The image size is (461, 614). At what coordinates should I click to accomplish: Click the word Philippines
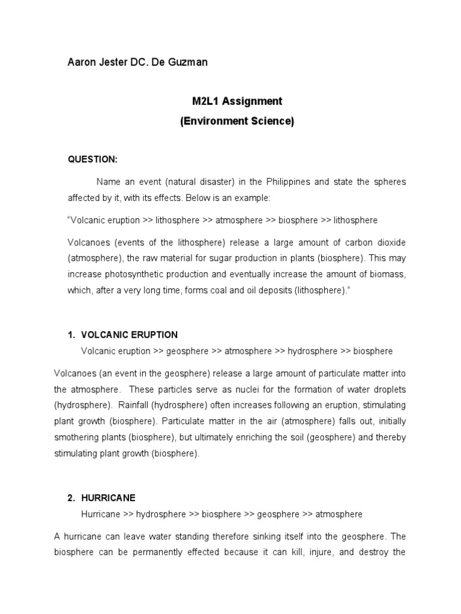pos(286,181)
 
